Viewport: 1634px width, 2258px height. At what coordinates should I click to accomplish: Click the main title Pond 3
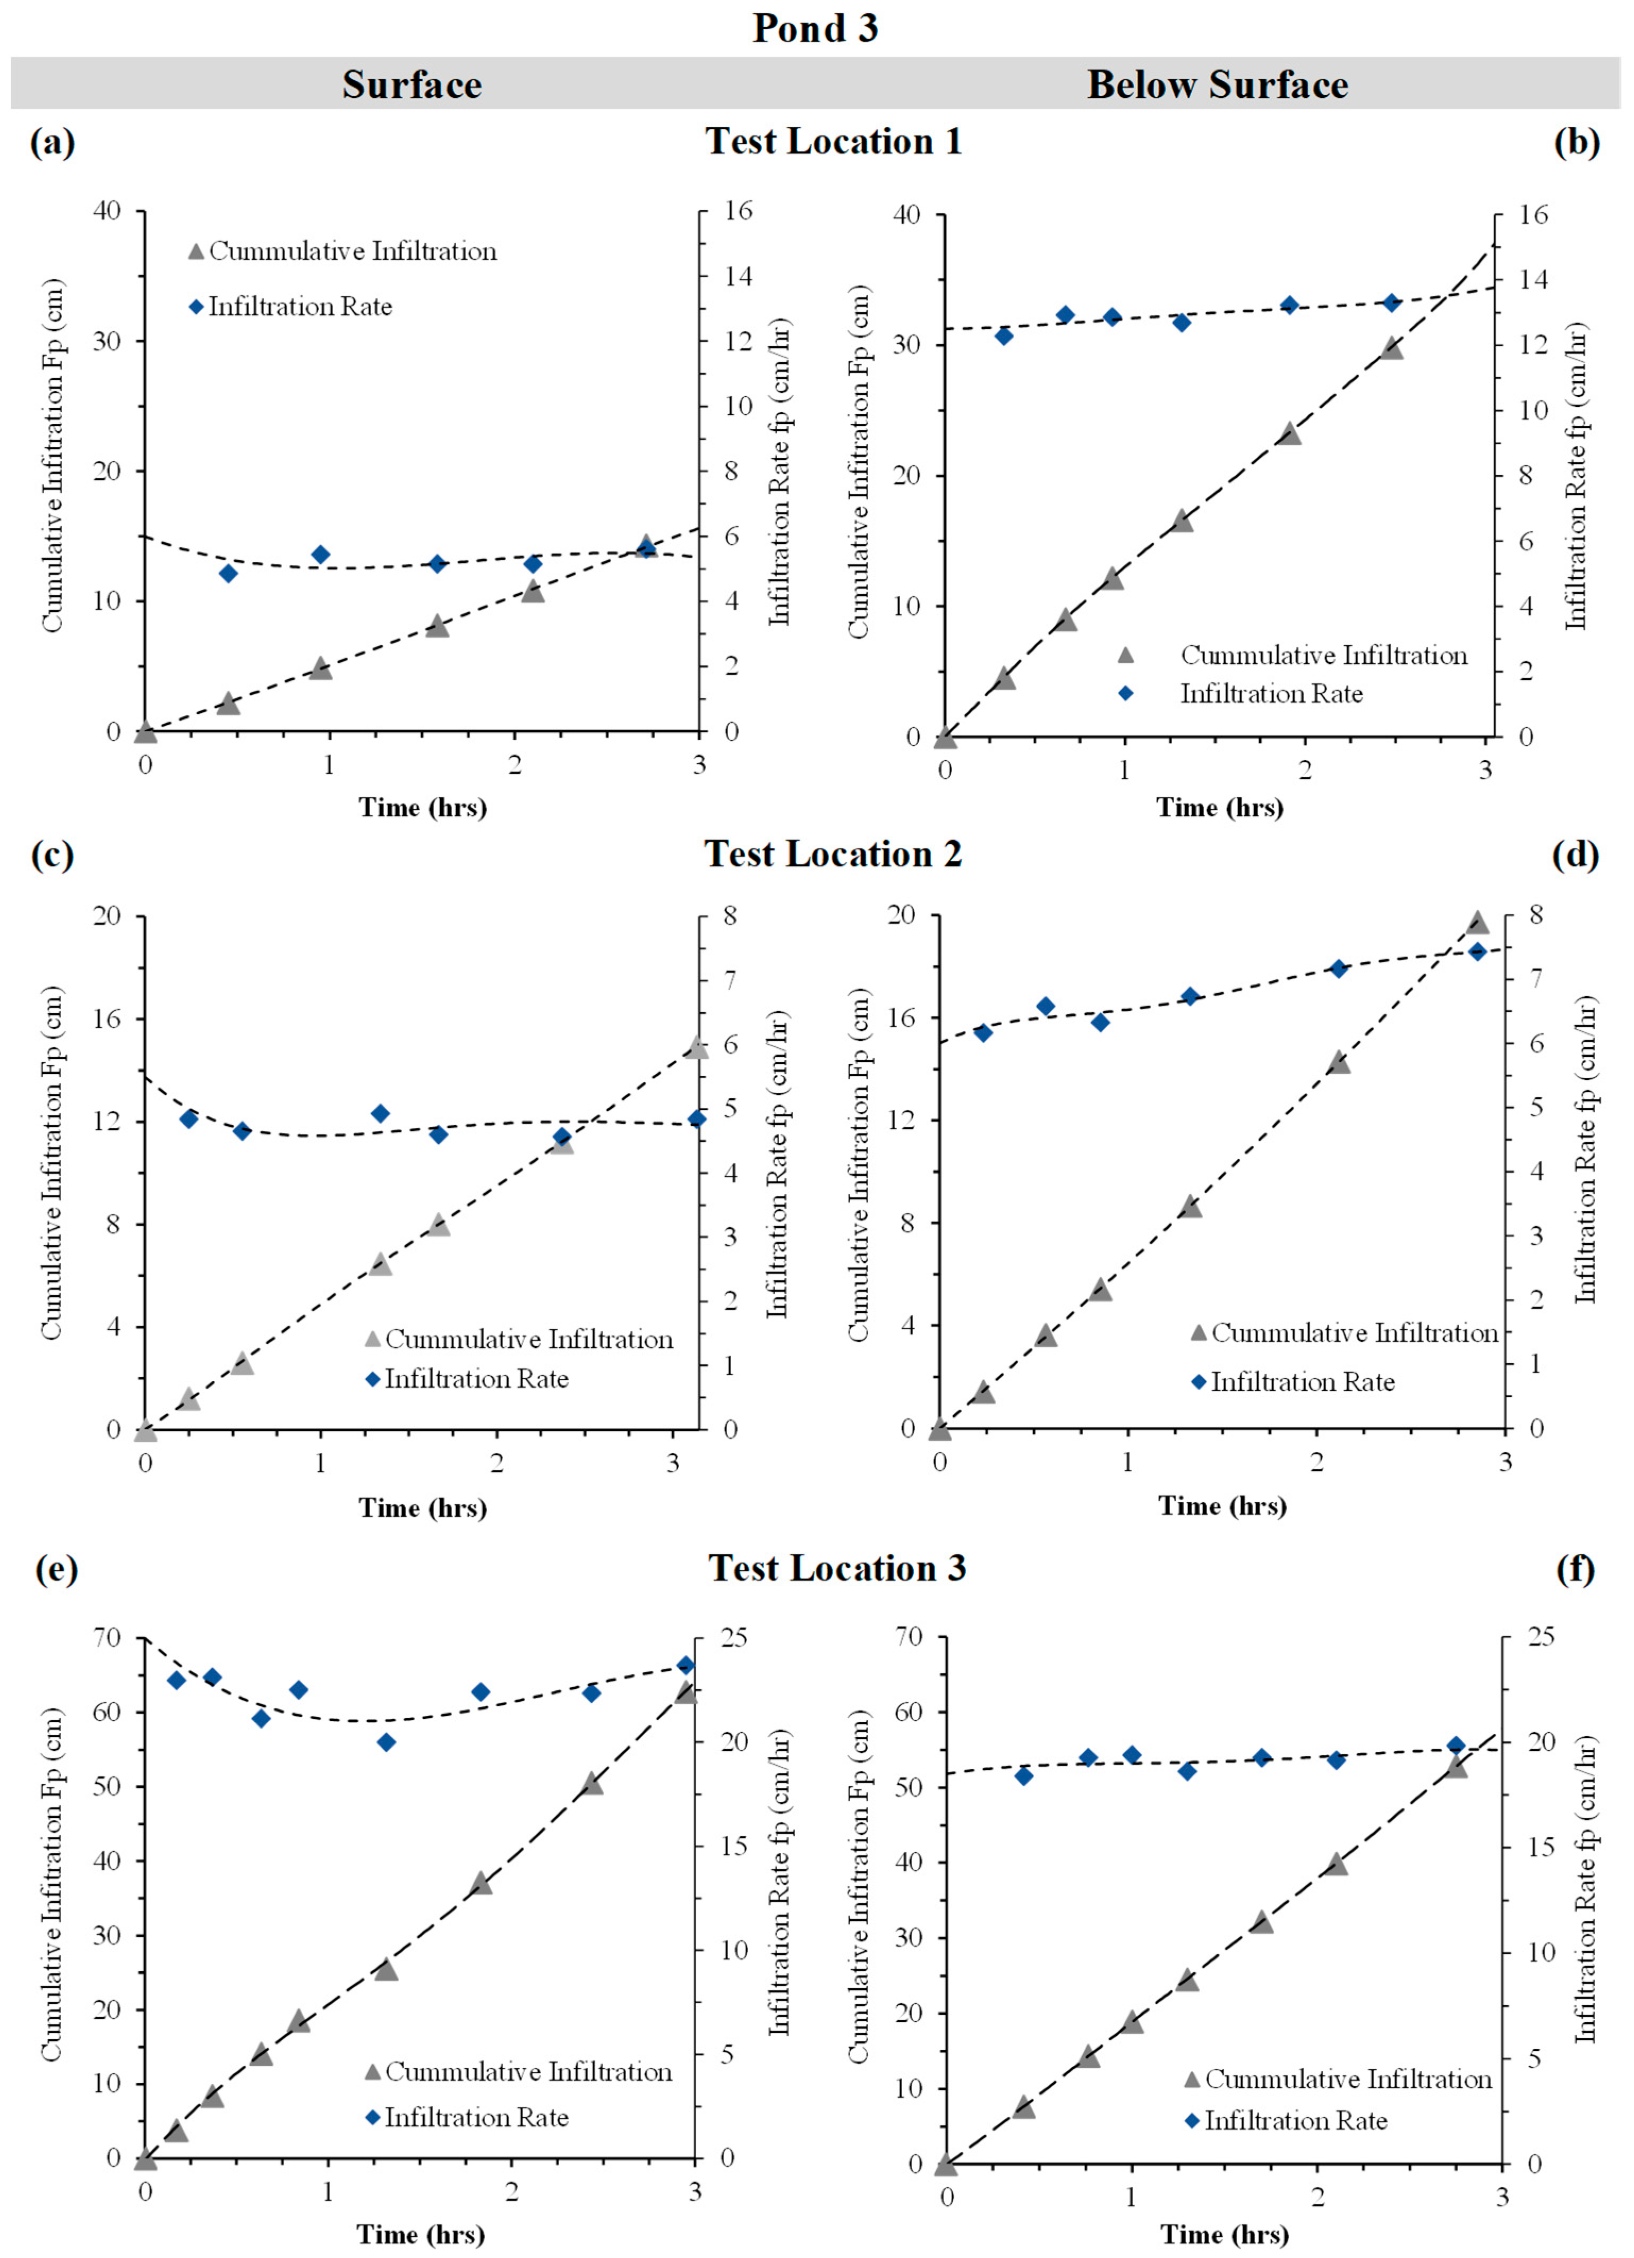[x=815, y=28]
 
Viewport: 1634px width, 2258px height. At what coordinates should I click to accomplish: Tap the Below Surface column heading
[x=1217, y=84]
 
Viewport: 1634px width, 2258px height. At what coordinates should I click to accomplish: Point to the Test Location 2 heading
[x=833, y=853]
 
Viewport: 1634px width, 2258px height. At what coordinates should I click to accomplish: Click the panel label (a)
[x=53, y=142]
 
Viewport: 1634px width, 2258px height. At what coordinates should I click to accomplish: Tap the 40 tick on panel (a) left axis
[x=107, y=210]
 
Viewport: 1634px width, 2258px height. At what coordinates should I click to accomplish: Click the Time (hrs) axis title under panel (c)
[x=423, y=1507]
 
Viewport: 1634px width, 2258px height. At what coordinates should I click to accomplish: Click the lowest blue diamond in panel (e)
[x=387, y=1742]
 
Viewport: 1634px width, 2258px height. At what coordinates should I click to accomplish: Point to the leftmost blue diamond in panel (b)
[x=1004, y=336]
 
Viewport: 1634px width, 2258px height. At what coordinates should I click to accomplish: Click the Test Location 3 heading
[x=836, y=1568]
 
